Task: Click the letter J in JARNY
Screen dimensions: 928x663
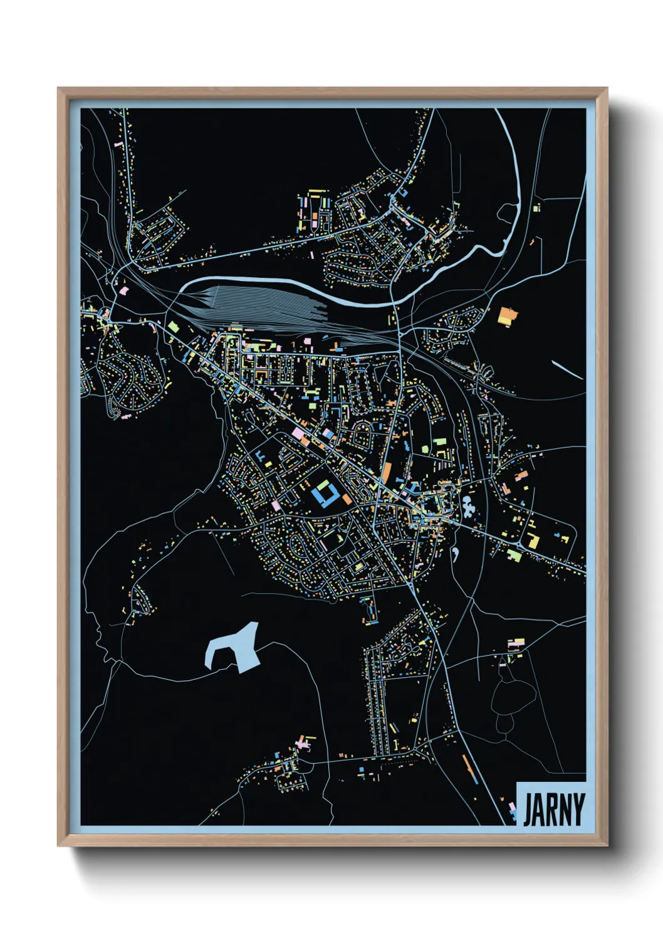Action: (x=528, y=809)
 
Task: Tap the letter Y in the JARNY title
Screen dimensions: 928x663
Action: (x=578, y=809)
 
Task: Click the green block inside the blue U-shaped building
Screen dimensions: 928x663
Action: (x=325, y=487)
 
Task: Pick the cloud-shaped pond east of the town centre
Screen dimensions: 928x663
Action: (x=467, y=505)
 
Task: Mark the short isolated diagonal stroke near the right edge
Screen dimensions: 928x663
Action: (x=568, y=370)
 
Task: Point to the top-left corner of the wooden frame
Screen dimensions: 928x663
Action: (x=58, y=88)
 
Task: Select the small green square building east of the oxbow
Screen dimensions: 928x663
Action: (x=536, y=208)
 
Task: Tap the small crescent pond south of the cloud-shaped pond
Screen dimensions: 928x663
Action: (x=456, y=554)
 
